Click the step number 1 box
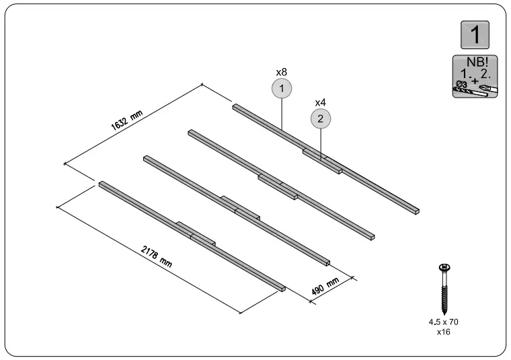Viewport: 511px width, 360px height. (x=474, y=35)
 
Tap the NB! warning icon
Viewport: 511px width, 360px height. (x=474, y=76)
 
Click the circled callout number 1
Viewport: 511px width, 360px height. (x=282, y=88)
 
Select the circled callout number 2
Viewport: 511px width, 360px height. (x=321, y=119)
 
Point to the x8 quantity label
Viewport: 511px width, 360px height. (x=282, y=71)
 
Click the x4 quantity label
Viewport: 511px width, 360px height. (x=321, y=102)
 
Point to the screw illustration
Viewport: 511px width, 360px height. (x=444, y=289)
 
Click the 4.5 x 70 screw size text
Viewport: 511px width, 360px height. (x=444, y=322)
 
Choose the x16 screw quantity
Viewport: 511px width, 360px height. (x=444, y=332)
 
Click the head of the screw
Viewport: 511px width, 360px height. (x=444, y=268)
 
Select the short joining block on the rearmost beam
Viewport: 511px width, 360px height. (x=323, y=161)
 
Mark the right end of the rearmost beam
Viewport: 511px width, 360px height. (x=417, y=211)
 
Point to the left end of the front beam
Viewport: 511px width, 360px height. (x=102, y=183)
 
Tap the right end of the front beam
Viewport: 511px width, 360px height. (x=282, y=289)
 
